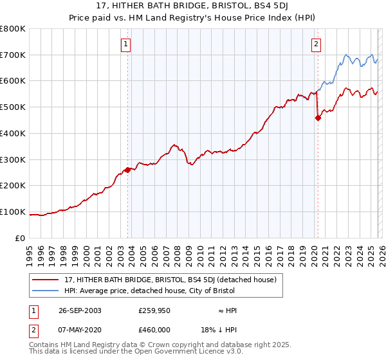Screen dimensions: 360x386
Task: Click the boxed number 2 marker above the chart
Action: pos(317,44)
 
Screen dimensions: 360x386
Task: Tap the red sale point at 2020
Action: pos(317,118)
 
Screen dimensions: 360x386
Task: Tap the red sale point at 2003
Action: pos(128,170)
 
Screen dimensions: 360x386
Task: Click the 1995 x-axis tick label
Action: pos(30,253)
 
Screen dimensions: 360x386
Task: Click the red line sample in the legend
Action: pos(46,280)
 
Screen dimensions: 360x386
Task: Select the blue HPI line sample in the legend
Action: pos(46,291)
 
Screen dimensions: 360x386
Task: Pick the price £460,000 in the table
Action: pos(154,330)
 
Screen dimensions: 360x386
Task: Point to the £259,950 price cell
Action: pos(154,310)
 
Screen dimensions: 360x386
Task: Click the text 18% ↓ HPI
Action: pos(219,330)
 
